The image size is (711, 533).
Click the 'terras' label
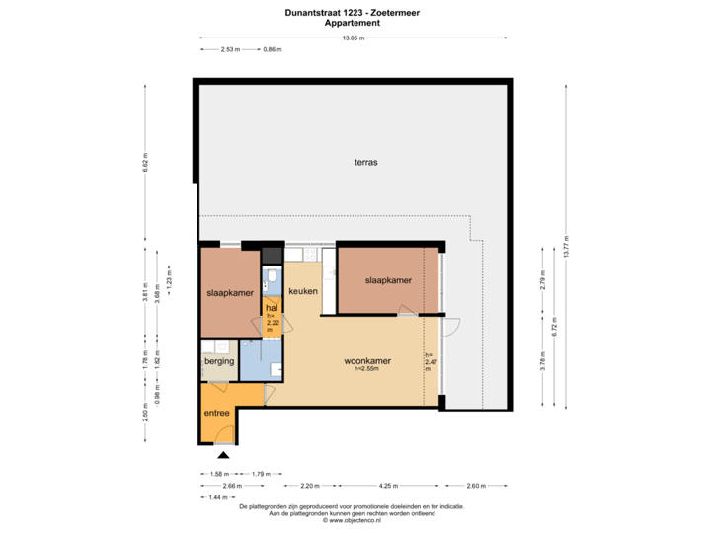(366, 162)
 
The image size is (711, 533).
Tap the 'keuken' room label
(302, 292)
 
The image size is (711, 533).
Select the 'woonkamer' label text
(367, 361)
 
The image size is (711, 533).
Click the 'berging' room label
(219, 362)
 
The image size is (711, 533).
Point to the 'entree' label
(216, 413)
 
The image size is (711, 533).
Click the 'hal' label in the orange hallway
(271, 308)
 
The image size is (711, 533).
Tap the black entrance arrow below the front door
(224, 455)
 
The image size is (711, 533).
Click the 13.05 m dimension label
(353, 38)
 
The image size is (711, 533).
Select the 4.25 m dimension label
(388, 485)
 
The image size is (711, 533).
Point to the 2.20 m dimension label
(309, 485)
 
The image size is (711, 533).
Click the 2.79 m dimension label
(541, 278)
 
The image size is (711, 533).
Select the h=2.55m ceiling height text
(367, 370)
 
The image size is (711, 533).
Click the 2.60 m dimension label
(475, 485)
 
